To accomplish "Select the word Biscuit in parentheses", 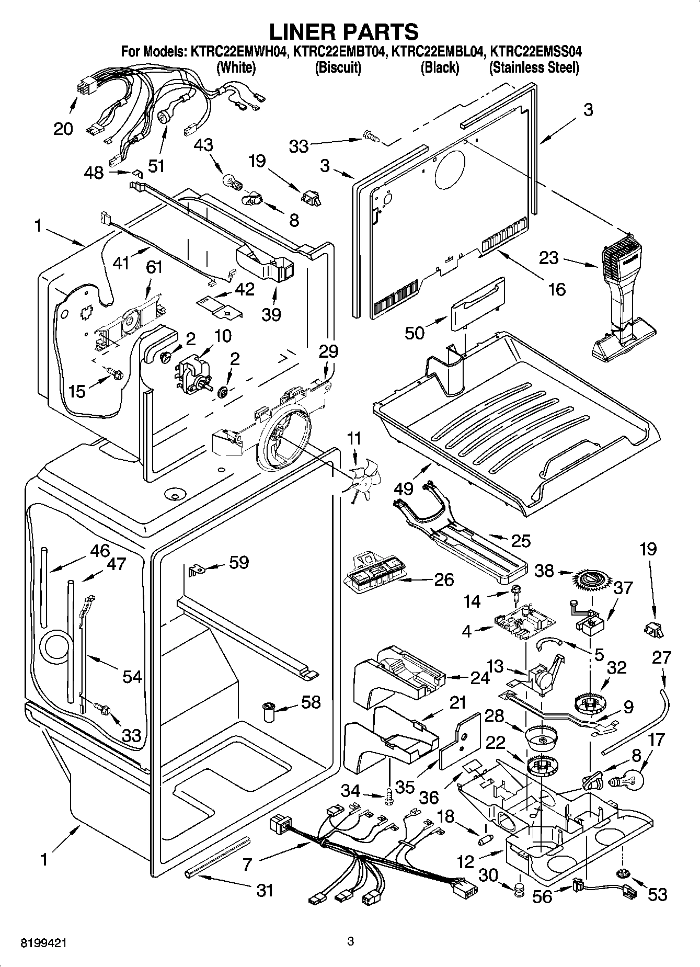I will pos(338,67).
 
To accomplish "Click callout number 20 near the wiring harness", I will pos(63,128).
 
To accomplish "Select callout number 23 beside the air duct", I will pos(548,258).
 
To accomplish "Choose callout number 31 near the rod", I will pos(265,889).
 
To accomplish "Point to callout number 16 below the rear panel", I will pos(558,289).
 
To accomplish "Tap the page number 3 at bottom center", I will pos(351,942).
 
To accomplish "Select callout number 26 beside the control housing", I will pos(443,579).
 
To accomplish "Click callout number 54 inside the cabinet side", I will pos(132,676).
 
